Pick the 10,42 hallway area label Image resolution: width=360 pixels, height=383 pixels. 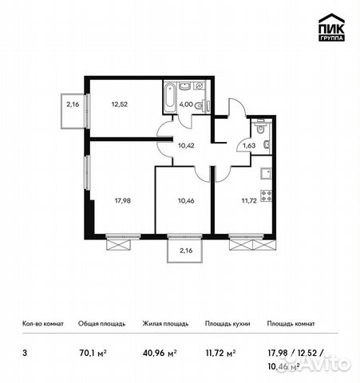(186, 145)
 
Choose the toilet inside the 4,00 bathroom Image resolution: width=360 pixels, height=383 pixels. (205, 105)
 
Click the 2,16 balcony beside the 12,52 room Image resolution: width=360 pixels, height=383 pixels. (73, 104)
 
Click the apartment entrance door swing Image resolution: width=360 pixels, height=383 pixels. (230, 113)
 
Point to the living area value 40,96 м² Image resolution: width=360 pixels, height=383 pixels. (158, 349)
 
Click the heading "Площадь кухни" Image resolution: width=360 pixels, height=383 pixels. (227, 324)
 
